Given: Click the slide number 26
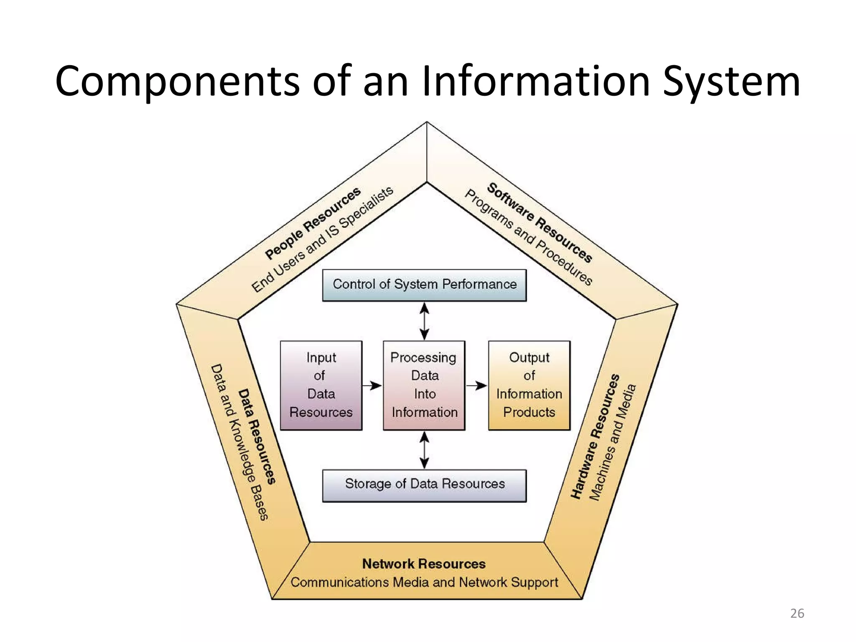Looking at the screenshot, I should (797, 613).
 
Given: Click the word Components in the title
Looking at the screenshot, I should (177, 82).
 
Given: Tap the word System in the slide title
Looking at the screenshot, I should (731, 82).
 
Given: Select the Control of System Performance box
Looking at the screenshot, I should (424, 285).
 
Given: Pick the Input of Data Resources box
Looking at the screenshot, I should (321, 385).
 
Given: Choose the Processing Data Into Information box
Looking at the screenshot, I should (424, 385).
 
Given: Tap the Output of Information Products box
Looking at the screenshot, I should (529, 385).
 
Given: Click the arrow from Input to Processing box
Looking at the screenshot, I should (372, 385).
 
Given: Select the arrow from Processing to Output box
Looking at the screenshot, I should (476, 385).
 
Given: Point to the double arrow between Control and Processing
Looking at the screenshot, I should (424, 321).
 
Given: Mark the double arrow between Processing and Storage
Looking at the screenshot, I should (424, 450).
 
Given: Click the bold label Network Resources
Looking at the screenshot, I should (424, 564).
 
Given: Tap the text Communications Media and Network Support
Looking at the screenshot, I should (424, 582).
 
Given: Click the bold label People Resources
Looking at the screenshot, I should (313, 223).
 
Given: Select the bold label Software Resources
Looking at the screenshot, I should (540, 223).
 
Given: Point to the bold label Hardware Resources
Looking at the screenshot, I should (595, 437).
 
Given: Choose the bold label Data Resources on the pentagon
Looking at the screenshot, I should (257, 437).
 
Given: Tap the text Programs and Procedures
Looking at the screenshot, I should (528, 237).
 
